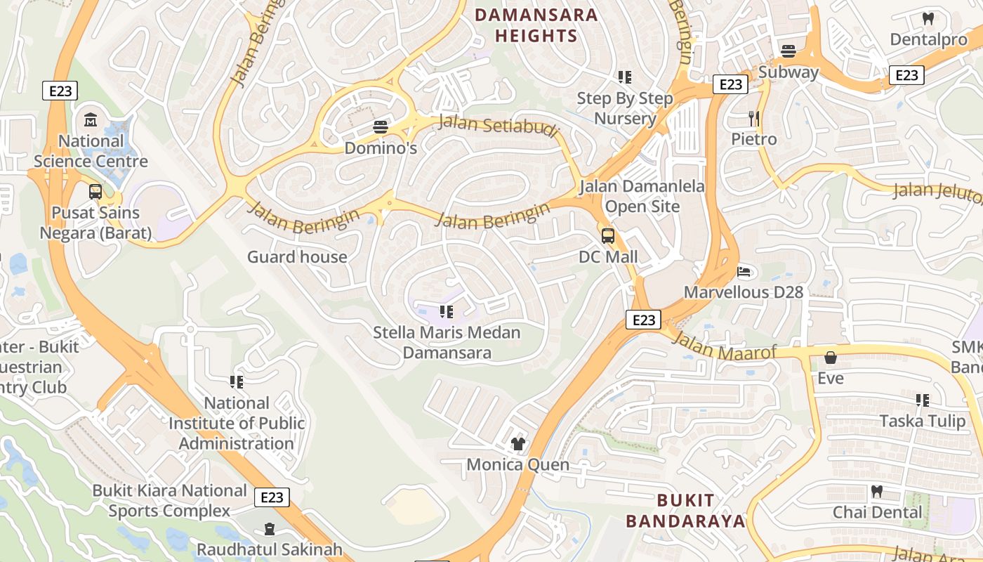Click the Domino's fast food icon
pyautogui.click(x=381, y=127)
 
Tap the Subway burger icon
pyautogui.click(x=789, y=51)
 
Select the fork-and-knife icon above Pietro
pyautogui.click(x=754, y=118)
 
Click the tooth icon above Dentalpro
pyautogui.click(x=928, y=19)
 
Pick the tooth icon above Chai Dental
pyautogui.click(x=876, y=491)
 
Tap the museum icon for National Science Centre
pyautogui.click(x=91, y=120)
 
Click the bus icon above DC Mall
pyautogui.click(x=608, y=236)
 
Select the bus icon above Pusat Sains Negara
pyautogui.click(x=95, y=192)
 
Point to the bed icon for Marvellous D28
pyautogui.click(x=744, y=271)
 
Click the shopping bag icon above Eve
pyautogui.click(x=830, y=358)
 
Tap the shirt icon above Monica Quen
pyautogui.click(x=518, y=443)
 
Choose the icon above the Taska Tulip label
pyautogui.click(x=923, y=400)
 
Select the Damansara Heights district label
pyautogui.click(x=536, y=25)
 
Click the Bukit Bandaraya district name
pyautogui.click(x=685, y=511)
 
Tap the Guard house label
pyautogui.click(x=297, y=257)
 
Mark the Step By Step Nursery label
pyautogui.click(x=625, y=108)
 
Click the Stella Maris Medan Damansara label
pyautogui.click(x=447, y=342)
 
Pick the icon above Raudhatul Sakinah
pyautogui.click(x=269, y=528)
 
